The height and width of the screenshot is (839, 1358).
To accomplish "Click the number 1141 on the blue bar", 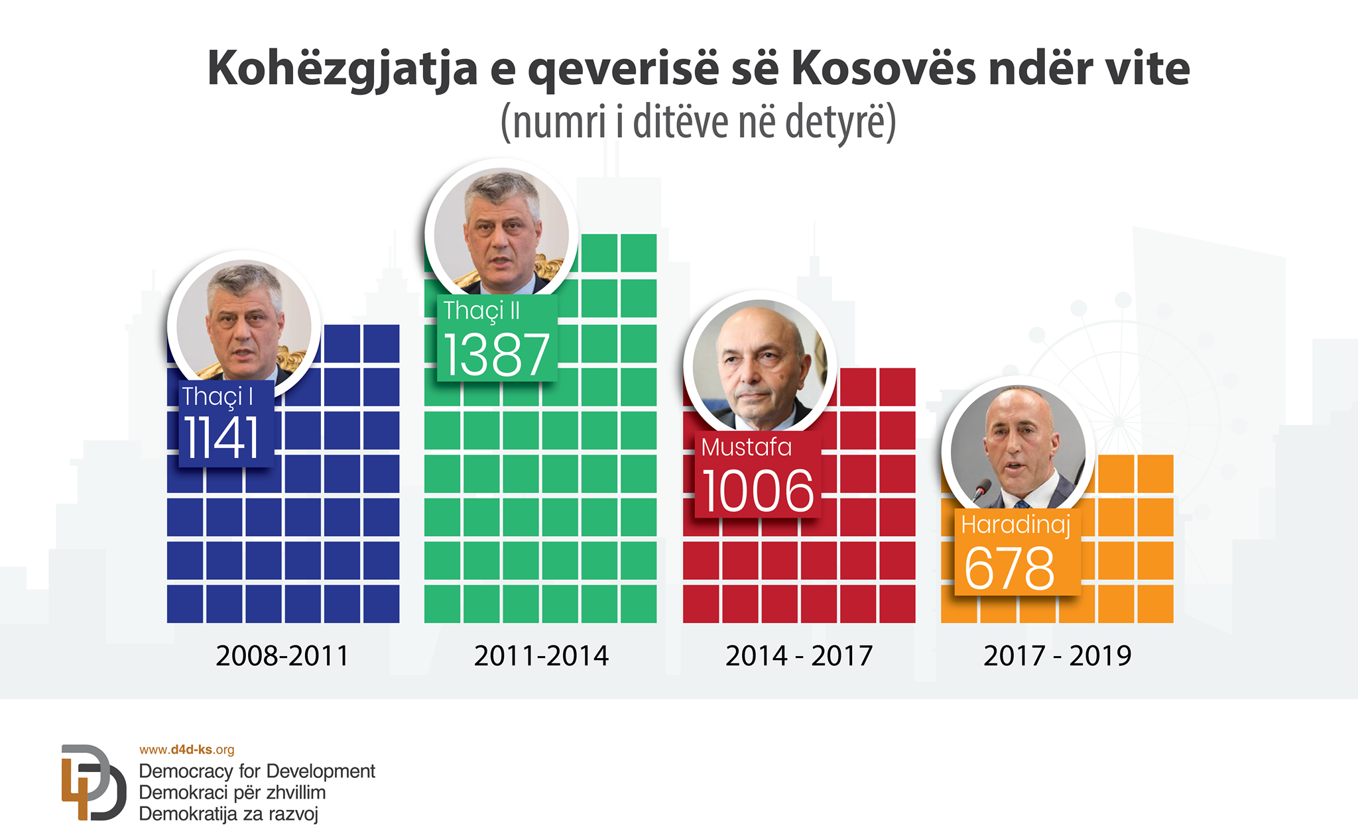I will tap(221, 438).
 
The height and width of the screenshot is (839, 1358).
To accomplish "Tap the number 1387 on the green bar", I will tap(497, 355).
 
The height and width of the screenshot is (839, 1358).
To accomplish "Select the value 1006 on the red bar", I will tap(757, 491).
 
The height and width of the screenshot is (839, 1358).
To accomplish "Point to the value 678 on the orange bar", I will tap(1009, 568).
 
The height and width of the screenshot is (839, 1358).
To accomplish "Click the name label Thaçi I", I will tap(217, 396).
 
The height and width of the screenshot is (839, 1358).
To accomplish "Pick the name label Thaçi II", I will tap(482, 310).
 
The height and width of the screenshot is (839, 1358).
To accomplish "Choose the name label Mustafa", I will tap(747, 447).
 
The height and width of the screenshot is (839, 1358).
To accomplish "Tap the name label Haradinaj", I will tap(1016, 524).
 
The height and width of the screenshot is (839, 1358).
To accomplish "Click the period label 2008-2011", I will tap(282, 656).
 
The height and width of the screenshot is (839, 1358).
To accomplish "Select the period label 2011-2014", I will tap(541, 656).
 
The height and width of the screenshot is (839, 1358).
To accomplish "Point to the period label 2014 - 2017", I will tap(799, 656).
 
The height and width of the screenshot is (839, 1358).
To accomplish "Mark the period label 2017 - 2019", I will tap(1057, 656).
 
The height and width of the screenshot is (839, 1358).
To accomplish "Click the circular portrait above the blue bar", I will tap(245, 323).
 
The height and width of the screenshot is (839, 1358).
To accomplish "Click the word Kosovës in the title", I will tap(883, 68).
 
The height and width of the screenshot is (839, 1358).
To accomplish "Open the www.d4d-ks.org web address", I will tap(186, 750).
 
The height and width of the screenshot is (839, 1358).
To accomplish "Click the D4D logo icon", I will tap(93, 783).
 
